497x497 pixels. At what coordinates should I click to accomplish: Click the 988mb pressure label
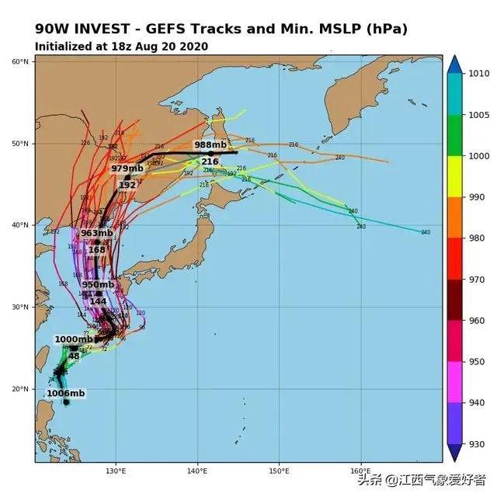210,145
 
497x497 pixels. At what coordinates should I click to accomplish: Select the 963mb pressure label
97,233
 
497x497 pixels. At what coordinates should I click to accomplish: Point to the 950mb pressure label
99,284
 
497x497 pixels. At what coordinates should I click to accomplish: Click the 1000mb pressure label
73,339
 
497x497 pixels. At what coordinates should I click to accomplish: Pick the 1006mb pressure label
66,394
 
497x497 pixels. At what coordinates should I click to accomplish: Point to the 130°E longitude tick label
116,471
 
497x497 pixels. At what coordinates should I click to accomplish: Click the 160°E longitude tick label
360,471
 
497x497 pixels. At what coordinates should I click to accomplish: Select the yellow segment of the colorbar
455,176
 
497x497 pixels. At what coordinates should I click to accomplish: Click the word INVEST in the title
102,29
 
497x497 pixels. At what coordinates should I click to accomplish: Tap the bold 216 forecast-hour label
210,162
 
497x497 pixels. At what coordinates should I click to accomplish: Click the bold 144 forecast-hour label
98,301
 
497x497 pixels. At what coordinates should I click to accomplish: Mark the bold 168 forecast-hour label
97,249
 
